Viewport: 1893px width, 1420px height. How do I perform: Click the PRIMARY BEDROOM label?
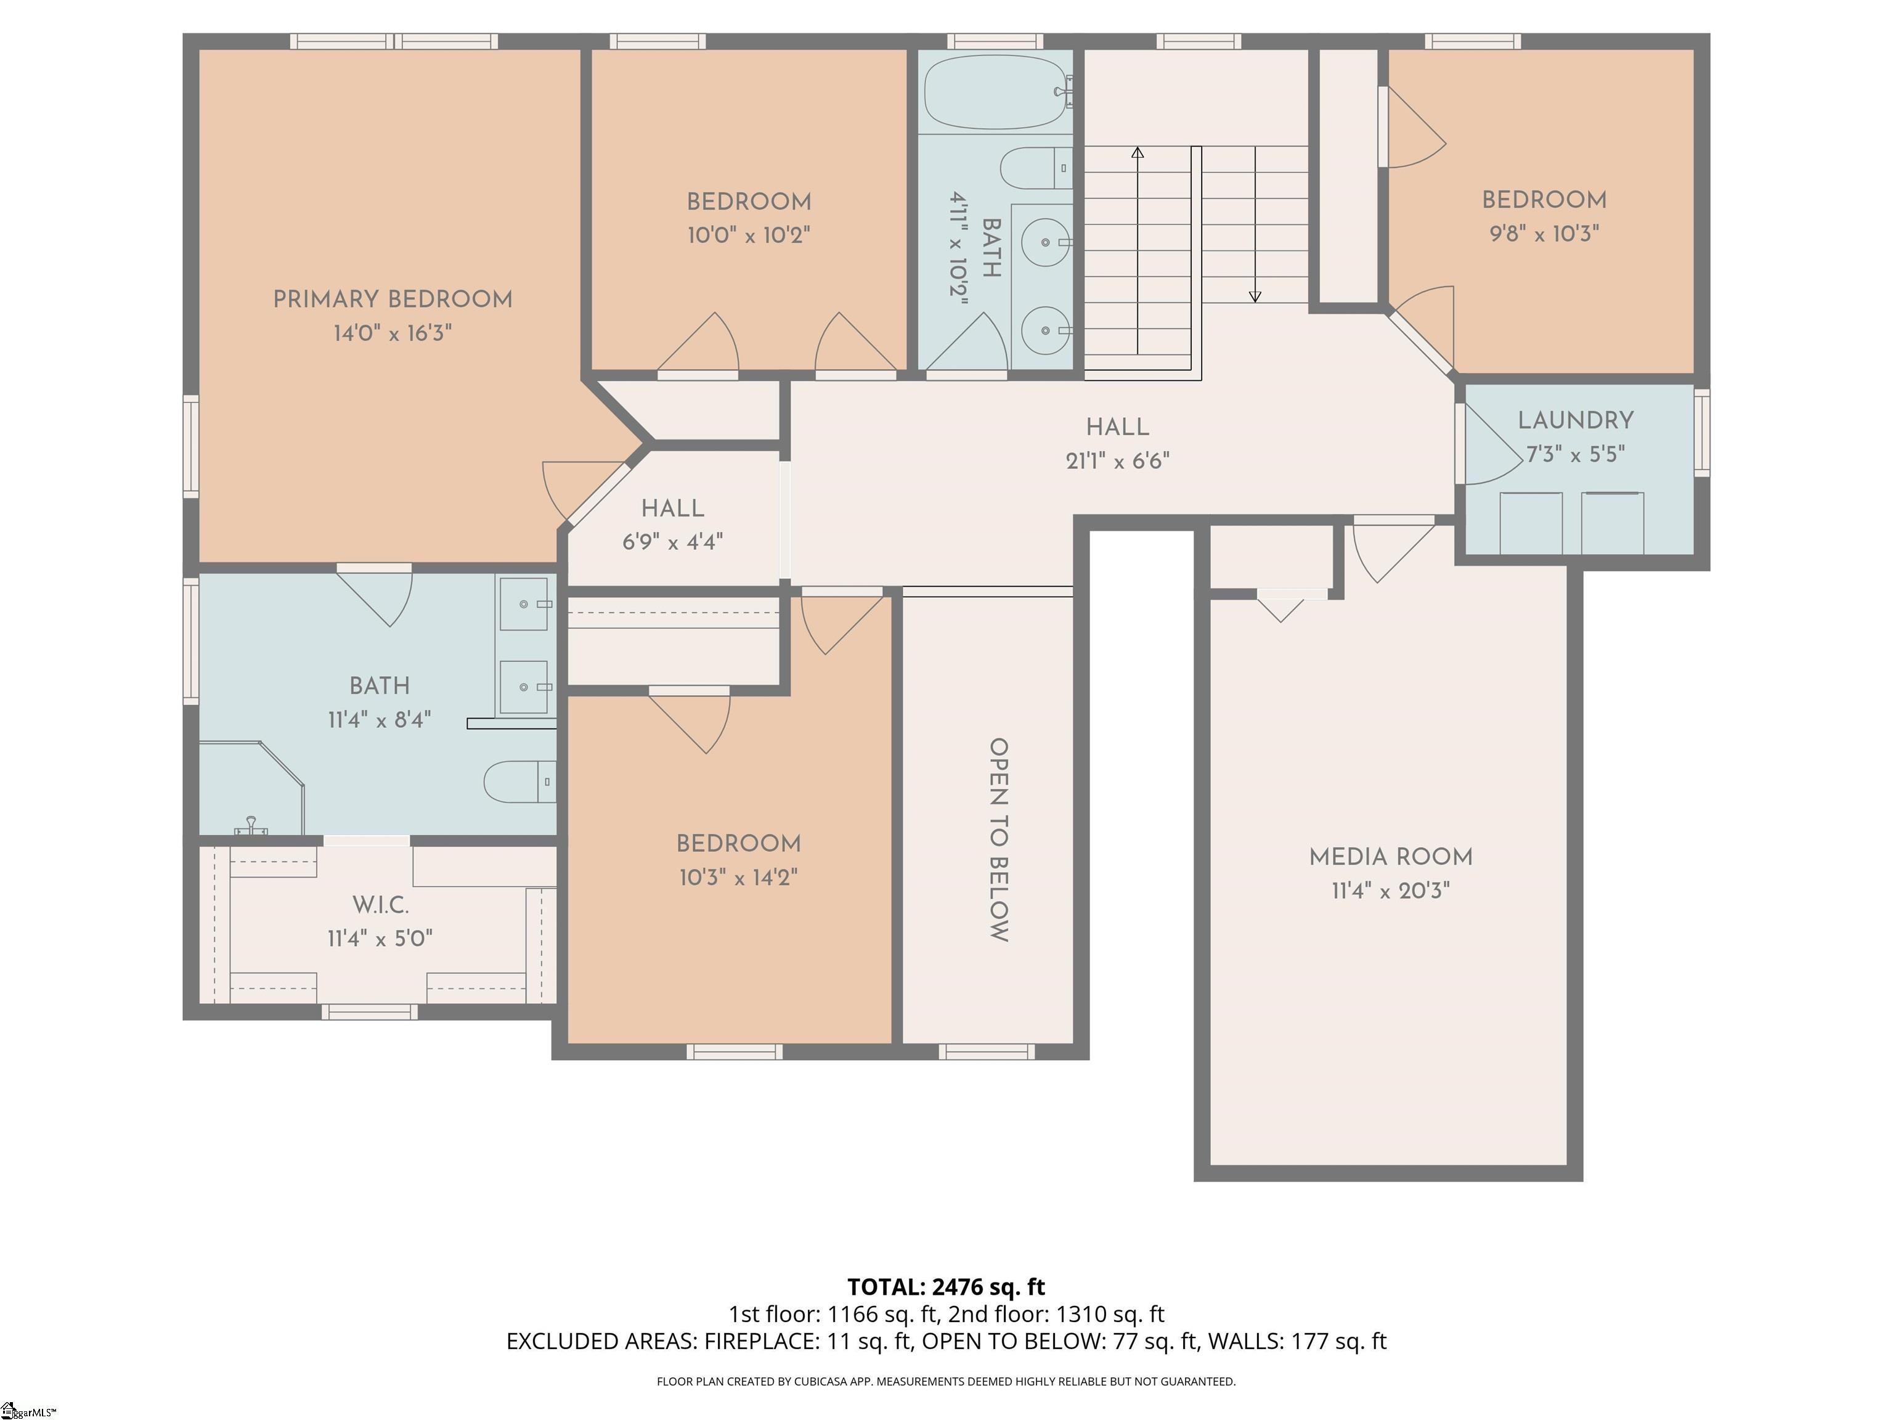[x=392, y=300]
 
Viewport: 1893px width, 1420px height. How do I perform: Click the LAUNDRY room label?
[x=1576, y=420]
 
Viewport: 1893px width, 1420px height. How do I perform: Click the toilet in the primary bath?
[x=518, y=781]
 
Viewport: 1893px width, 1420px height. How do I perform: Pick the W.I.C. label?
[x=381, y=905]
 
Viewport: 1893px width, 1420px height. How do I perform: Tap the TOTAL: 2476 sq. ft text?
[x=946, y=1286]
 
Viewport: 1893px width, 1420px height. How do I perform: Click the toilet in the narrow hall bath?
[x=1034, y=168]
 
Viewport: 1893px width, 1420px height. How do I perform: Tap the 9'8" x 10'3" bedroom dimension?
[x=1544, y=234]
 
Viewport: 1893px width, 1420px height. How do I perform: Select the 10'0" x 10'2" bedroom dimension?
[x=749, y=235]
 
